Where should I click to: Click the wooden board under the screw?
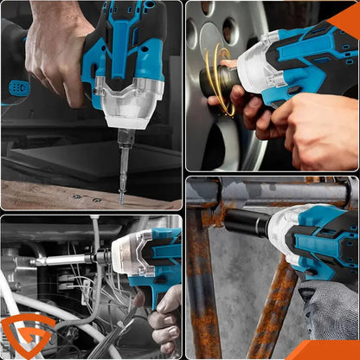(x=52, y=195)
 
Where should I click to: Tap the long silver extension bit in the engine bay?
(x=65, y=259)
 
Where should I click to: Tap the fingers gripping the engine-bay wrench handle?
(x=164, y=320)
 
